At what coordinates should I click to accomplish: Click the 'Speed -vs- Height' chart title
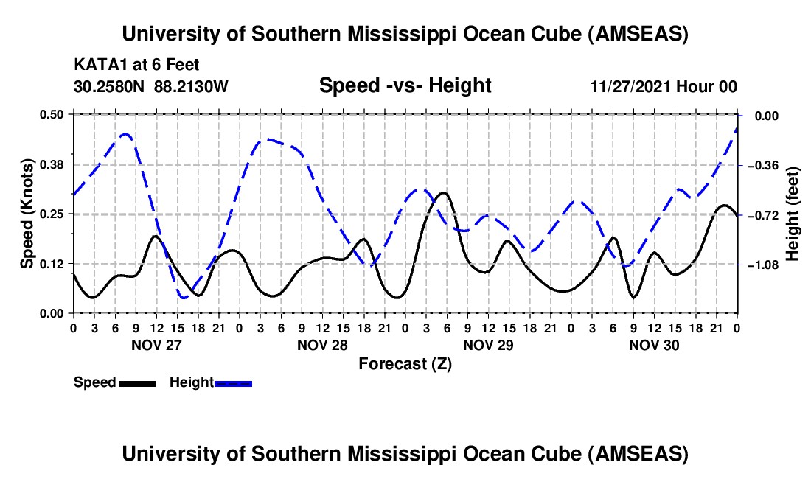coord(405,85)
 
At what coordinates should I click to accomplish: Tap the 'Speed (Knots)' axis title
coord(27,214)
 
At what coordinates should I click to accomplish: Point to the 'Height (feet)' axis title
coord(793,214)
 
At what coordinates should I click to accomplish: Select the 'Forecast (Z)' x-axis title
coord(405,363)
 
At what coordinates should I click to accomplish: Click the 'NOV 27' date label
coord(156,345)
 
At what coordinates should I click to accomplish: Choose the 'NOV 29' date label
coord(487,345)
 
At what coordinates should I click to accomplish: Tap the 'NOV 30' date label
coord(653,345)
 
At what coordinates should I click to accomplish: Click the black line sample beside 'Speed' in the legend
coord(137,382)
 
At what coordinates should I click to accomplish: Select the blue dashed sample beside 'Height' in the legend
coord(233,382)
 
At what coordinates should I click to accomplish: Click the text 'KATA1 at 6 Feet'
coord(136,66)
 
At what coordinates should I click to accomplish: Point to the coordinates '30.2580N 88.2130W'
coord(151,86)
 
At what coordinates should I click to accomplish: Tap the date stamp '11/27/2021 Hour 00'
coord(664,86)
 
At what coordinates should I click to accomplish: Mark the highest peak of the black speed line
coord(442,192)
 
